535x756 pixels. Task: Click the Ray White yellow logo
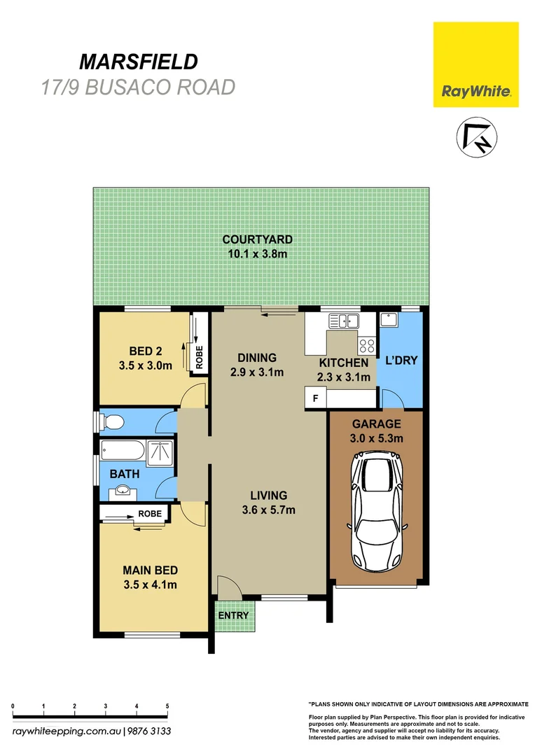[475, 64]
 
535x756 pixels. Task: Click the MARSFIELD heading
[138, 62]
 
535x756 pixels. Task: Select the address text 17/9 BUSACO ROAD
[138, 87]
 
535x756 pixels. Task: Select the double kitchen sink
[343, 321]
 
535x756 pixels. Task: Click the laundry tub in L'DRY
[389, 320]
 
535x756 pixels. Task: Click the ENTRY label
[233, 615]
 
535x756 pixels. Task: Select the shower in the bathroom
[160, 452]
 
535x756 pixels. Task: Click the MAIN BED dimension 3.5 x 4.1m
[151, 584]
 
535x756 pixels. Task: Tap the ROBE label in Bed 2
[199, 358]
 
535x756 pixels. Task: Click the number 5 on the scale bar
[167, 706]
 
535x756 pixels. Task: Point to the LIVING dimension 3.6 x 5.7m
[268, 510]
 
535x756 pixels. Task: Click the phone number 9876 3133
[149, 731]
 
